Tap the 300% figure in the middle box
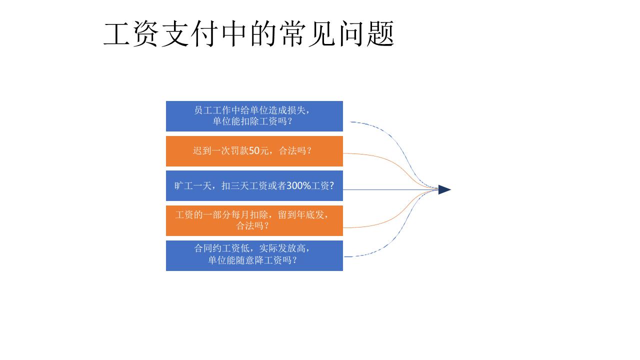point(298,185)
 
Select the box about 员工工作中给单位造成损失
point(254,116)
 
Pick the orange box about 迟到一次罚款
point(254,151)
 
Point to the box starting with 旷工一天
point(254,185)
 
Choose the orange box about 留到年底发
point(254,220)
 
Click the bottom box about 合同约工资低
point(254,255)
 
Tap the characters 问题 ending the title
point(367,33)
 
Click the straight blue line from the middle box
point(390,189)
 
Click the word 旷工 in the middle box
point(183,185)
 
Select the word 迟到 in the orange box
point(202,150)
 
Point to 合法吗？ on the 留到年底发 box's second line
point(252,225)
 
